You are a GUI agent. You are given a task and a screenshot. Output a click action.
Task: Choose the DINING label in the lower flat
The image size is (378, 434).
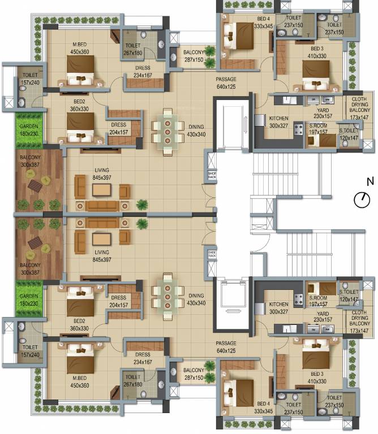tap(196, 296)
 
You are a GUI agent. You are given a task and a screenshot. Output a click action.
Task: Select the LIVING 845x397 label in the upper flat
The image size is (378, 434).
tap(102, 173)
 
